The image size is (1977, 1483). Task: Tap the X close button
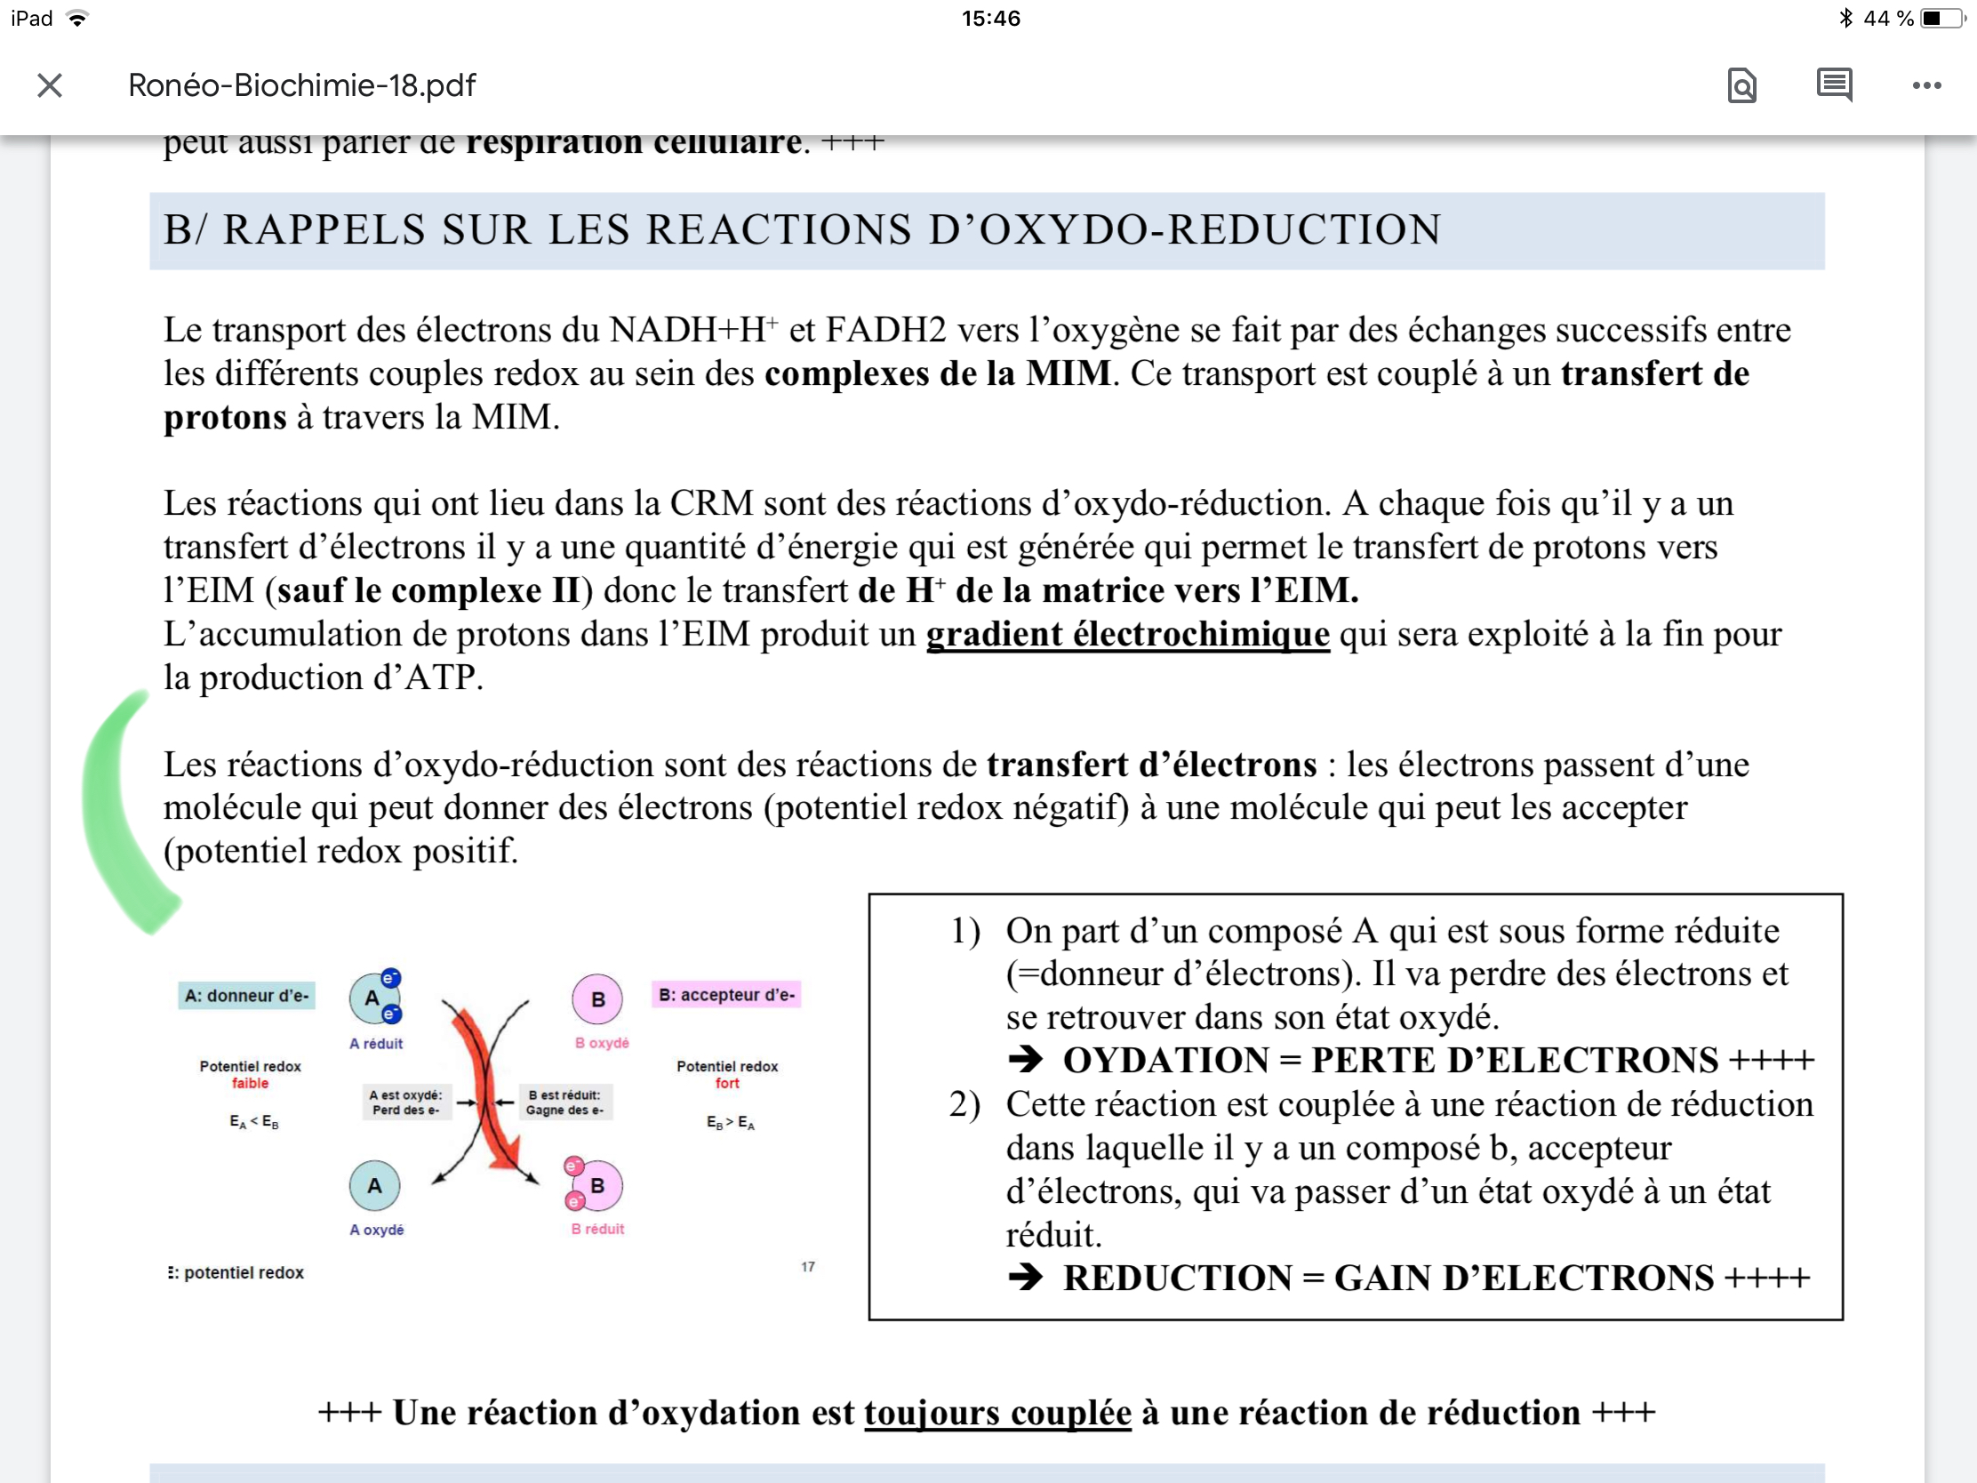[50, 86]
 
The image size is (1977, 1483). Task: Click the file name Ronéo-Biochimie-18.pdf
[301, 86]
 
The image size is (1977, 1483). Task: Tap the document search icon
[1741, 86]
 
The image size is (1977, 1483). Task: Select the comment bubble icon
[1834, 85]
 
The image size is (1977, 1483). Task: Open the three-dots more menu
[1926, 86]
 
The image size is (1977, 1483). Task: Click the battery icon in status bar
[1941, 19]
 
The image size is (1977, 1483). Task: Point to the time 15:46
[990, 19]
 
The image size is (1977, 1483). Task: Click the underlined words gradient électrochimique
[1127, 634]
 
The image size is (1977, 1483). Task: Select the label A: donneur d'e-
[246, 996]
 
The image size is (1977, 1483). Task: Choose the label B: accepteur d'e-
[726, 995]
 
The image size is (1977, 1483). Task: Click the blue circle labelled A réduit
[372, 998]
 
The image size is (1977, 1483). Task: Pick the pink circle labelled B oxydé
[598, 999]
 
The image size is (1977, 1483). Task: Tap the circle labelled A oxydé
[374, 1186]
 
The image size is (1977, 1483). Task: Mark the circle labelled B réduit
[597, 1186]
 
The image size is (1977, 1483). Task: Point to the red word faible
[251, 1084]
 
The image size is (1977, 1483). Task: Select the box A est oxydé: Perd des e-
[405, 1102]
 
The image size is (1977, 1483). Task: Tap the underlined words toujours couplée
[997, 1414]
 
